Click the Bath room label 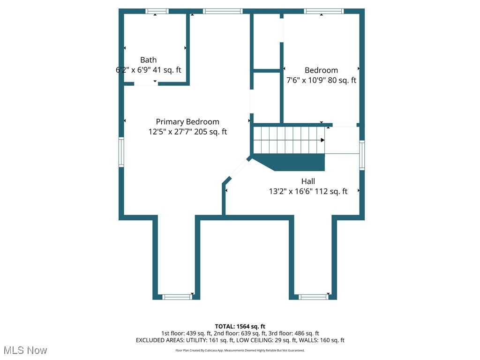coord(149,60)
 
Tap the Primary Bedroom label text coord(187,122)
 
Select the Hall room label coord(308,181)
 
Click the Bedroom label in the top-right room coord(321,70)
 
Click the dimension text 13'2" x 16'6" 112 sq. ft coord(308,191)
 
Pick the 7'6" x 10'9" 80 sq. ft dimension coord(321,80)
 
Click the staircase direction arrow coord(322,140)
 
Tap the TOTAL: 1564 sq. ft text coord(240,326)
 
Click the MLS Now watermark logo coord(25,350)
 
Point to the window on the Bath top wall coord(157,11)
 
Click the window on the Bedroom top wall coord(324,11)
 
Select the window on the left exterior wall coord(121,152)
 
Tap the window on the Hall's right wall coord(362,155)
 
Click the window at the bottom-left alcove coord(177,296)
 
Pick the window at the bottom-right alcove coord(314,296)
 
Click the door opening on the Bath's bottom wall coord(145,83)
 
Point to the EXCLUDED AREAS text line coord(240,340)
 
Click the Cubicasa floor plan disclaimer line coord(240,351)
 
